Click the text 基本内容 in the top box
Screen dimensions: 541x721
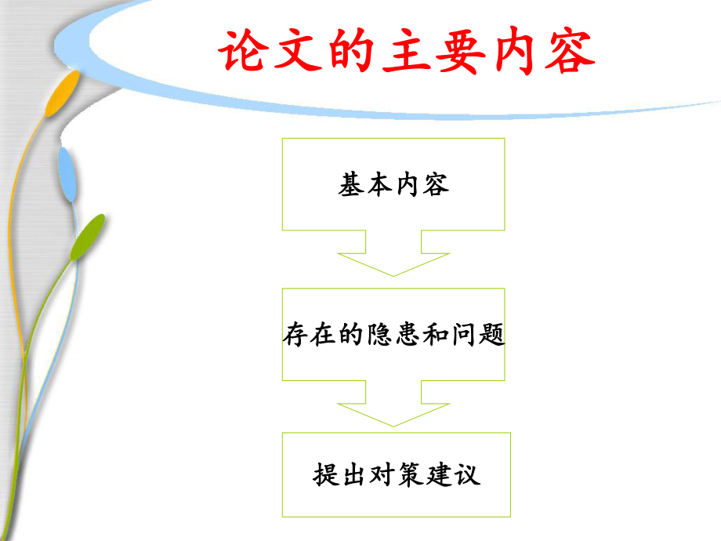click(x=393, y=186)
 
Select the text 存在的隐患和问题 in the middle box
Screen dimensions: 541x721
click(x=393, y=336)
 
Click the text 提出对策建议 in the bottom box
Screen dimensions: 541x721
click(x=396, y=475)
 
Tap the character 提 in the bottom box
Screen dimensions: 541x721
click(x=326, y=475)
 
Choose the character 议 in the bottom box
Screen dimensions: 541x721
click(x=466, y=475)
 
